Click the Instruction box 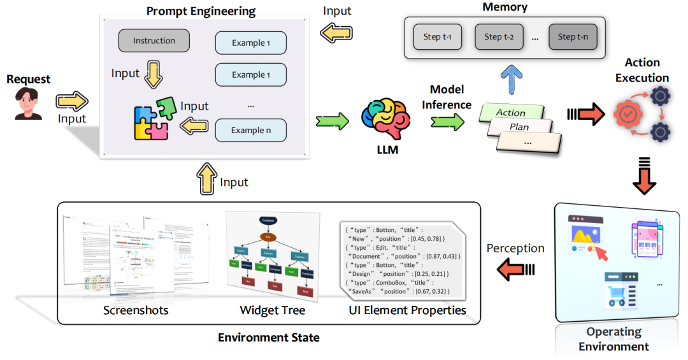(x=154, y=41)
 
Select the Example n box (x=250, y=130)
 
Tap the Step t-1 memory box (x=438, y=37)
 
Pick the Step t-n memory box (x=577, y=37)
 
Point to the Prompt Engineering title (x=201, y=11)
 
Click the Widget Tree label (x=272, y=310)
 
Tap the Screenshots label (x=136, y=310)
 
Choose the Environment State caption (x=269, y=337)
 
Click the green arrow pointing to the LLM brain (x=333, y=119)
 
